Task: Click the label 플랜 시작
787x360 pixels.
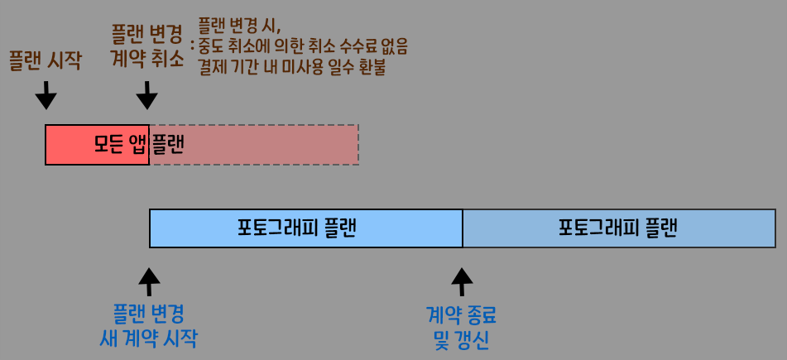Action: (45, 61)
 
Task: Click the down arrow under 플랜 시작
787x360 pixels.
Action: (46, 95)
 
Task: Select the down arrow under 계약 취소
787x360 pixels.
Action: (146, 95)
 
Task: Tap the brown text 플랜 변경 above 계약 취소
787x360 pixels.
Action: (147, 35)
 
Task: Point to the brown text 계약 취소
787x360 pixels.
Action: (147, 60)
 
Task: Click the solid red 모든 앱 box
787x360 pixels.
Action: (97, 145)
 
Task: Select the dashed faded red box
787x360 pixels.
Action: (254, 145)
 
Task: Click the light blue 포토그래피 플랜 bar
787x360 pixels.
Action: (305, 228)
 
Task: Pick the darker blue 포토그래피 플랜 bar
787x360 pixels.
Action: (618, 228)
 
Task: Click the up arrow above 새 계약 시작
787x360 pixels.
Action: (149, 281)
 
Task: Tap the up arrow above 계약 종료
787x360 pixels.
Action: (462, 281)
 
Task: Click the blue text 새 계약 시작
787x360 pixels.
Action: (148, 339)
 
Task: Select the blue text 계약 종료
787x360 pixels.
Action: (462, 314)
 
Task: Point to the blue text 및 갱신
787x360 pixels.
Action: (462, 339)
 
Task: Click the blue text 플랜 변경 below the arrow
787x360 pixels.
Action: (148, 314)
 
